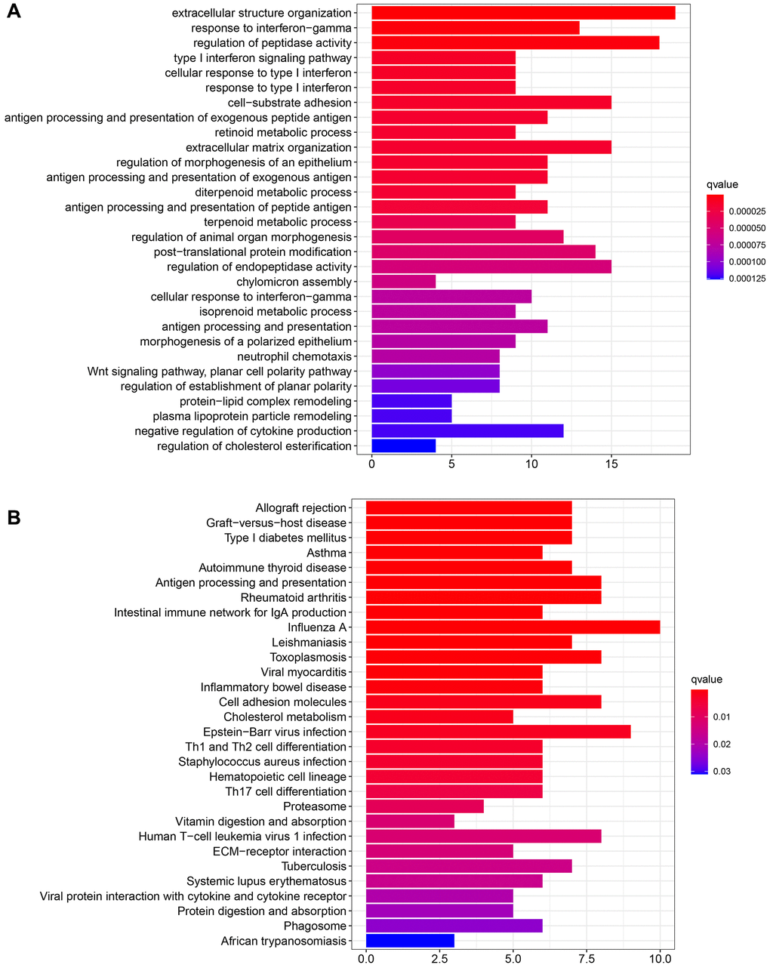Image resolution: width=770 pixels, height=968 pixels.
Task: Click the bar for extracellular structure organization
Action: [x=523, y=13]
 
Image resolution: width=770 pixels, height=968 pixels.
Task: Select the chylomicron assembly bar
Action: [x=403, y=282]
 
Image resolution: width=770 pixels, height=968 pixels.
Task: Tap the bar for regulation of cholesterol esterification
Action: [x=403, y=446]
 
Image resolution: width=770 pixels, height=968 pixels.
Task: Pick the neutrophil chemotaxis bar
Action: [x=436, y=356]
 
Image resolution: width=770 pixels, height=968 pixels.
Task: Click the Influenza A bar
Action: [x=513, y=627]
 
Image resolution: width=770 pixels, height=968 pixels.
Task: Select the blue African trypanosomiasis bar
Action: [x=410, y=941]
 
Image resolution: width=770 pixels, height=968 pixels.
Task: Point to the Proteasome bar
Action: [x=424, y=806]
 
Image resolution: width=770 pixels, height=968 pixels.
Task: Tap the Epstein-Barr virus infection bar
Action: [x=498, y=732]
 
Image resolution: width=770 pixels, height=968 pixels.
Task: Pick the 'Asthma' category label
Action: [x=326, y=553]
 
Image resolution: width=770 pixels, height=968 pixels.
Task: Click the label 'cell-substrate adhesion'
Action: [x=290, y=103]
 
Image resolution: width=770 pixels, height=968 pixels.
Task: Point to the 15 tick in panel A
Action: [x=611, y=464]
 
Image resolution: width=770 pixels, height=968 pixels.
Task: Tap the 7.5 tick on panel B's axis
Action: [x=587, y=958]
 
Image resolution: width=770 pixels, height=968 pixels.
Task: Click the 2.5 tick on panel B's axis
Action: [x=439, y=958]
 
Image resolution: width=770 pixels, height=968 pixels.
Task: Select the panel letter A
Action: [x=13, y=15]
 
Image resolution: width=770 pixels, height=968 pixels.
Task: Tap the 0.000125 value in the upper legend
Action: [x=747, y=278]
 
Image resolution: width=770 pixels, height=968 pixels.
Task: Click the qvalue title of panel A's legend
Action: [x=722, y=184]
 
